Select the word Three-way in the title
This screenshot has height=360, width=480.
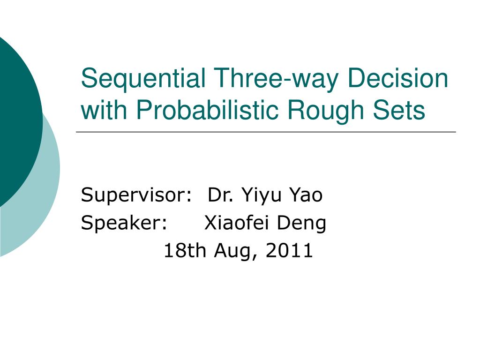[276, 79]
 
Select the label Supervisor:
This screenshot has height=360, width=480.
[136, 195]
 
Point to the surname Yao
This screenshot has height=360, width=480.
[306, 195]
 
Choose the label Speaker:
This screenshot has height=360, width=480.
[124, 223]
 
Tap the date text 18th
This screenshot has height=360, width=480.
[185, 250]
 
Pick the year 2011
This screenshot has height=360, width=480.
[289, 250]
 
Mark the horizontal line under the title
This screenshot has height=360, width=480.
[266, 132]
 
